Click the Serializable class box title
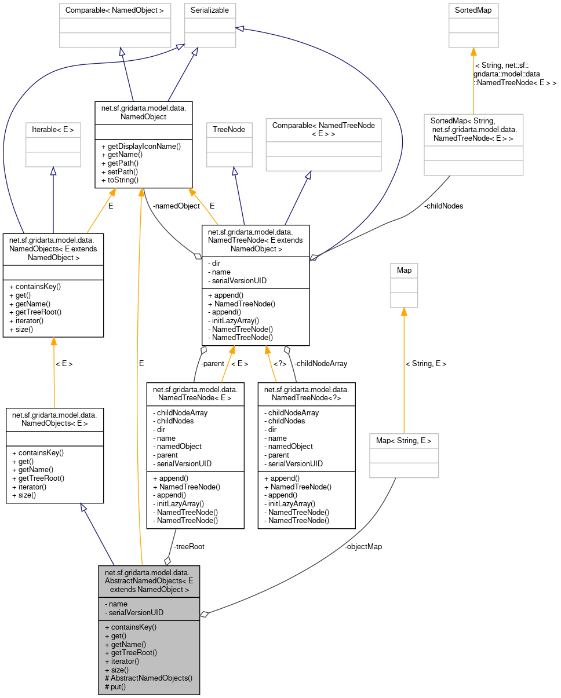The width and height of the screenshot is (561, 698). pos(210,10)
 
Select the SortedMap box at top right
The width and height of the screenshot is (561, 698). pos(473,10)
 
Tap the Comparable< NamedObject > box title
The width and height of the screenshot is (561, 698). pos(115,10)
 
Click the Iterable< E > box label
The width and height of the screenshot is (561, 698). pos(53,130)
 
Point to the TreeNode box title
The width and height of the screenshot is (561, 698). pos(230,130)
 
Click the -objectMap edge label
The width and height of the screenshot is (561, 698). pos(363,546)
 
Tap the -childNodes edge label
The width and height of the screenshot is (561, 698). pos(443,206)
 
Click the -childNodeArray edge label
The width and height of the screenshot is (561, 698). pos(320,364)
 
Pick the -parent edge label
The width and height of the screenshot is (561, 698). pos(212,364)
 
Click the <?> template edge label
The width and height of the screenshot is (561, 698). pos(280,364)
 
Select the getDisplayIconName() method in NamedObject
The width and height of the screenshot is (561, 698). pos(141,147)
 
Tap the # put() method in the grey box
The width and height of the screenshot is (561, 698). pos(115,686)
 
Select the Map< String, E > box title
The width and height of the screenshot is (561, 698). pos(404,441)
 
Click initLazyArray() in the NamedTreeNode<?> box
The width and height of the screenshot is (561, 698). pos(290,503)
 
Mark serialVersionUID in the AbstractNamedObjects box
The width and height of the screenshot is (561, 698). pos(134,612)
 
